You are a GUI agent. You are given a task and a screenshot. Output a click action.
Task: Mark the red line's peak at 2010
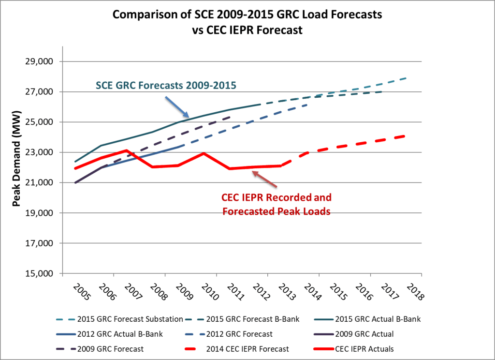[x=204, y=153]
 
